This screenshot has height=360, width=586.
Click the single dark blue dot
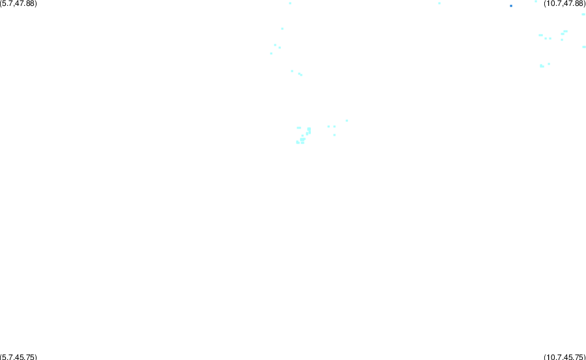(x=511, y=6)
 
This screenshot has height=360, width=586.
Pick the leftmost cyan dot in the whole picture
(x=271, y=53)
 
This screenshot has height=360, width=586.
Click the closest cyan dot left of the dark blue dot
(x=439, y=3)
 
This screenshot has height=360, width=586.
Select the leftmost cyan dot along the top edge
(x=290, y=3)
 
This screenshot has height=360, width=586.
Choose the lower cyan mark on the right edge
(x=584, y=47)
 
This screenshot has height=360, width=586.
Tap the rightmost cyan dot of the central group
(x=347, y=121)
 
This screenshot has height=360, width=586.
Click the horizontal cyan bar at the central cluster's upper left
(x=299, y=128)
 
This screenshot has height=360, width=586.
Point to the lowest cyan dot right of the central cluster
(x=334, y=135)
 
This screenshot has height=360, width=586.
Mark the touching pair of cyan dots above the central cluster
(x=300, y=74)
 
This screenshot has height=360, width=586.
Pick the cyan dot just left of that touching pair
(x=292, y=71)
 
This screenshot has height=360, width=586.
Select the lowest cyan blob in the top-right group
(x=542, y=66)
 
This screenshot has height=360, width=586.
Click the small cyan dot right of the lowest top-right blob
(x=549, y=64)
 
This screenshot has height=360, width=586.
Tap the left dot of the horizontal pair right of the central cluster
(x=329, y=127)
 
